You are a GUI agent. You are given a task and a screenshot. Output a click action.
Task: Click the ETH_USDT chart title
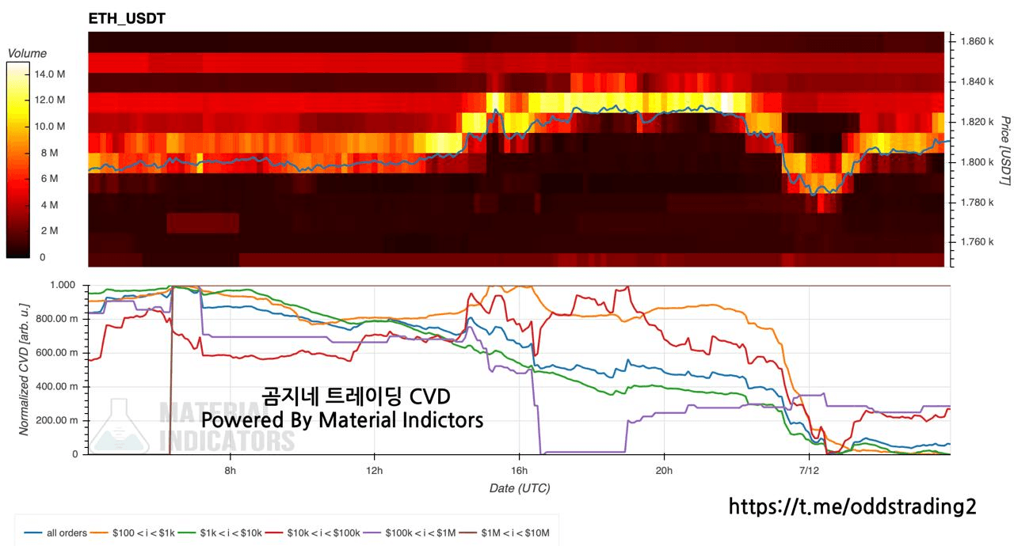[127, 18]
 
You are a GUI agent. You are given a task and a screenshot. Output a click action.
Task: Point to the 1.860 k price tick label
[977, 41]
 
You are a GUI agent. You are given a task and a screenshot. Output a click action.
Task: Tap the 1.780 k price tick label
[977, 202]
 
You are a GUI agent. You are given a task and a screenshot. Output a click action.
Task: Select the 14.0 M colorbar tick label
[50, 74]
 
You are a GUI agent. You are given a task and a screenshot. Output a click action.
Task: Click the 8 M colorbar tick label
[50, 153]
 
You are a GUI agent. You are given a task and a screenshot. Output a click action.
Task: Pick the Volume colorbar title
[27, 53]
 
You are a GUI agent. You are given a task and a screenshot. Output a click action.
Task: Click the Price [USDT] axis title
[1005, 150]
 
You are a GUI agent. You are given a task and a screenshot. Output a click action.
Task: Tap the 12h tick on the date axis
[375, 471]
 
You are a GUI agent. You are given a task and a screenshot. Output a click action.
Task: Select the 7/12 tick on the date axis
[809, 471]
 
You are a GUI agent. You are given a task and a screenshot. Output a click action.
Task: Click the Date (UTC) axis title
[520, 488]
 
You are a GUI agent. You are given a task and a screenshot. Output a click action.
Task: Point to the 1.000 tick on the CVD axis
[63, 285]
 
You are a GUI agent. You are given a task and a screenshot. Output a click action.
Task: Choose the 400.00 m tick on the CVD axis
[56, 386]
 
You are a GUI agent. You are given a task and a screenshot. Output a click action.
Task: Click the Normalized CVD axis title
[24, 370]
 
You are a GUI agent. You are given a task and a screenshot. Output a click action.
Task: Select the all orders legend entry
[55, 533]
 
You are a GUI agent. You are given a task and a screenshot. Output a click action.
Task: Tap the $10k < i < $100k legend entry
[312, 533]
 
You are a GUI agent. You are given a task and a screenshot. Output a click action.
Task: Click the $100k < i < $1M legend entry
[410, 533]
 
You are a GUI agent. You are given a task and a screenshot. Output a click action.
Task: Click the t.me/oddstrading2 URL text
[852, 506]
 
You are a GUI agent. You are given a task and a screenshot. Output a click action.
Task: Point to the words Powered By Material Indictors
[342, 420]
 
